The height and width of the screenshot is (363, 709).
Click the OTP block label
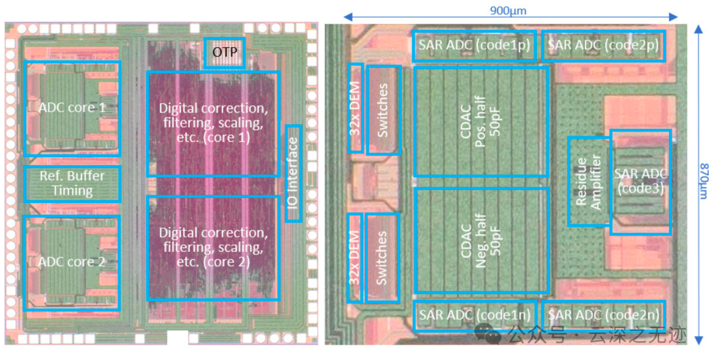225,53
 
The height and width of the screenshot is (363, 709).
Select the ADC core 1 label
72,109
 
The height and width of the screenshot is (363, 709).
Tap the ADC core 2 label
72,262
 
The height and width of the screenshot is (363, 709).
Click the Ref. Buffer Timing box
72,184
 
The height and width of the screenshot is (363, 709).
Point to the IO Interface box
294,173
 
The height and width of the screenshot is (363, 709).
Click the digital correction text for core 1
213,123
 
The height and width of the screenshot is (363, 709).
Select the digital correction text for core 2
213,248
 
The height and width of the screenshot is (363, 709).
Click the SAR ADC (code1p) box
475,45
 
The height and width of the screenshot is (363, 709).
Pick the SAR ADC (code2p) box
604,45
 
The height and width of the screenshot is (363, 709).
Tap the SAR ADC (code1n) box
475,315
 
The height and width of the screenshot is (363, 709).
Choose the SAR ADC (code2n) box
604,315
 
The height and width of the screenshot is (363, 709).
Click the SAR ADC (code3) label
640,181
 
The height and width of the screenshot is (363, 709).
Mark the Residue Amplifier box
589,181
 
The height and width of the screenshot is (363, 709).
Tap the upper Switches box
384,110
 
